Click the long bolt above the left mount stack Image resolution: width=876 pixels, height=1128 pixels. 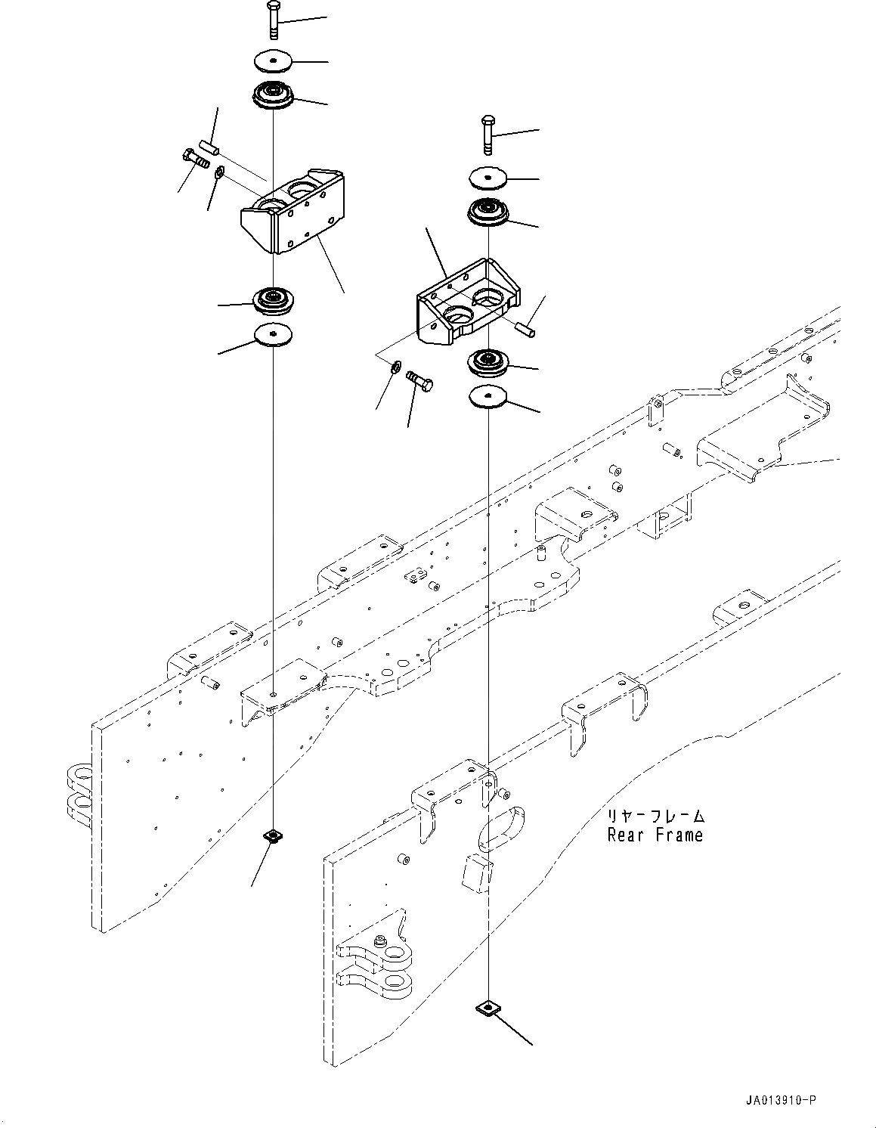click(x=272, y=20)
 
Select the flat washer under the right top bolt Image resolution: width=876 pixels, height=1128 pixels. click(x=488, y=178)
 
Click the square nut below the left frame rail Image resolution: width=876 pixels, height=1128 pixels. click(x=272, y=835)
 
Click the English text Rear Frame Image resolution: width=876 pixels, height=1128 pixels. click(x=655, y=835)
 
